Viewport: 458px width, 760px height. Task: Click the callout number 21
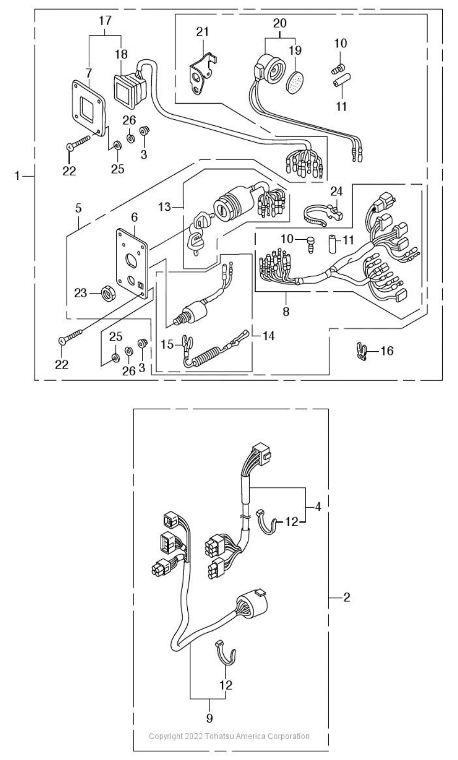tap(203, 32)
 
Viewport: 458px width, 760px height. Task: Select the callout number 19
tap(295, 50)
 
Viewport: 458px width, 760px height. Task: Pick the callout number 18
tap(121, 54)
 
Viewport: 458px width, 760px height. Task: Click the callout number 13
tap(165, 206)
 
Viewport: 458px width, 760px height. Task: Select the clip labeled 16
tap(363, 351)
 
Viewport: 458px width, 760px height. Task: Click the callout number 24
tap(336, 191)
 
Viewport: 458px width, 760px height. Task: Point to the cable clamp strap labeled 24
tap(322, 216)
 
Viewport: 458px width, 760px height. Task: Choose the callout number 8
tap(286, 311)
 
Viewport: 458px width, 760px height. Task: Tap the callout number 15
tap(167, 345)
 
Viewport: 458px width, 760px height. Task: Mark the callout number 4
tap(318, 507)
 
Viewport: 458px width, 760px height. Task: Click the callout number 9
tap(209, 718)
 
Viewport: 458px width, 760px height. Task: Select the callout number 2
tap(346, 597)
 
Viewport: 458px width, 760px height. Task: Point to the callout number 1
tap(17, 176)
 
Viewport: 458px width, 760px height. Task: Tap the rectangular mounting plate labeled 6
tap(132, 264)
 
